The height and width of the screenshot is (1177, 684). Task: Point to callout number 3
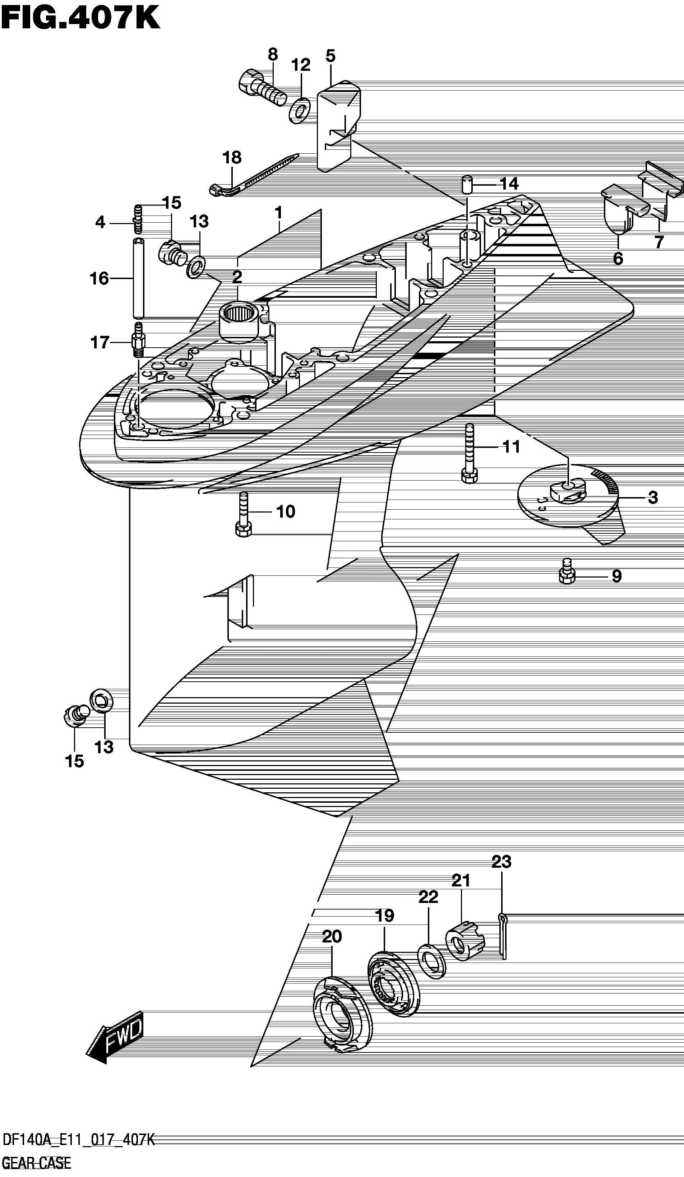point(653,497)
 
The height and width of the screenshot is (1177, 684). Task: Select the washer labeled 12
point(300,110)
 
